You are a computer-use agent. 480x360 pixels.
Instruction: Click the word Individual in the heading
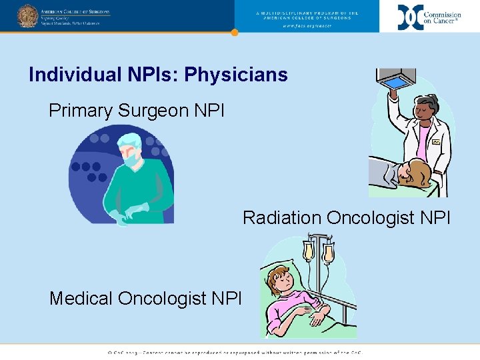(70, 75)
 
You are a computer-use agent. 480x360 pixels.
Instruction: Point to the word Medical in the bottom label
(81, 298)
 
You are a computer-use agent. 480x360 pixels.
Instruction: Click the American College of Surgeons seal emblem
(27, 15)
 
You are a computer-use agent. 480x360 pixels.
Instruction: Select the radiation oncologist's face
(425, 109)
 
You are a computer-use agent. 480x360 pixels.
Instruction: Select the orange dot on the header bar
(234, 32)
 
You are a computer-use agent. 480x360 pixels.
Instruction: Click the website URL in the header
(307, 26)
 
